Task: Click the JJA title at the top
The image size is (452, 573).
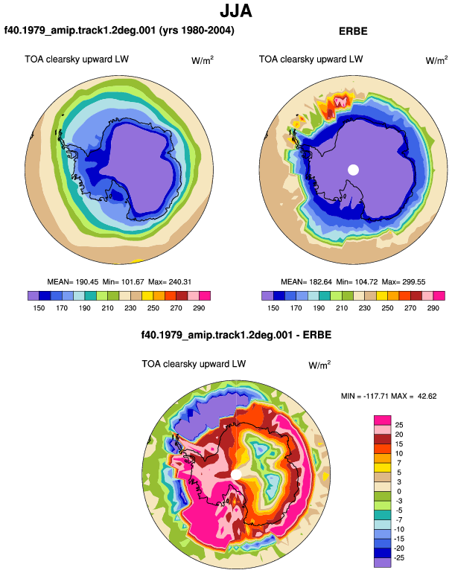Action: (236, 11)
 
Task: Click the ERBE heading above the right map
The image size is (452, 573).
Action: (353, 31)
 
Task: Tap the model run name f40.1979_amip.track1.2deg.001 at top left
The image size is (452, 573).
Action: (80, 30)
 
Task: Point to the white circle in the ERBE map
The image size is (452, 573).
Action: (353, 170)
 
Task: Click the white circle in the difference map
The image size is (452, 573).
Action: (237, 475)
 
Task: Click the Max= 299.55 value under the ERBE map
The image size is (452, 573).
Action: (404, 282)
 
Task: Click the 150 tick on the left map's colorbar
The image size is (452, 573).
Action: (39, 307)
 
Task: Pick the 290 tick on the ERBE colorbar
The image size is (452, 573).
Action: (433, 307)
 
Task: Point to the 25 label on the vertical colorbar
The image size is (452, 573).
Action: (399, 425)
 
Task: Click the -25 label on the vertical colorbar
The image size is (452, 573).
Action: (398, 557)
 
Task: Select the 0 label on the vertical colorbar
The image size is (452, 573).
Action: (399, 491)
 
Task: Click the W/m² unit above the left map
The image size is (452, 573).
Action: (203, 60)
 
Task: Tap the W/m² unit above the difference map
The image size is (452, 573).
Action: (319, 365)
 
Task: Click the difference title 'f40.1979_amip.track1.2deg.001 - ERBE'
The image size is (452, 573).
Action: (236, 335)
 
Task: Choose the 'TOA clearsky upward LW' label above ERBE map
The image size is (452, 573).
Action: (311, 60)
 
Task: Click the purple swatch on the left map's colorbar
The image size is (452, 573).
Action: (34, 295)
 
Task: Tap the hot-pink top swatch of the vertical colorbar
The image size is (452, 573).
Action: (383, 420)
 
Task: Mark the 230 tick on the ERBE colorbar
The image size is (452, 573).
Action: (365, 307)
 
